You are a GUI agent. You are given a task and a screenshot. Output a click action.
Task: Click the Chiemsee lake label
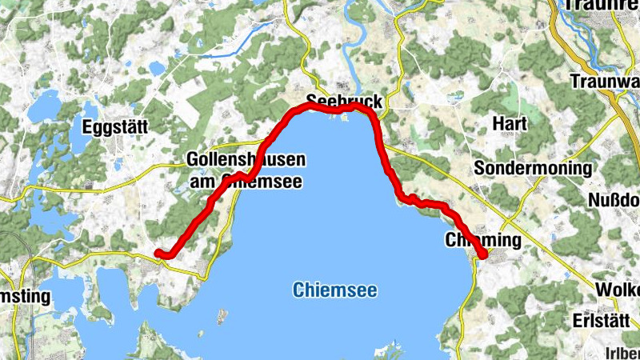click(334, 290)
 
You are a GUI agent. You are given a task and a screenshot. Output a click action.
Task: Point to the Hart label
click(510, 123)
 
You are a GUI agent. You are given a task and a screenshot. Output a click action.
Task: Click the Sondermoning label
click(533, 168)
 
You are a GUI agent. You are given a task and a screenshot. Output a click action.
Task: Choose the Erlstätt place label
click(597, 319)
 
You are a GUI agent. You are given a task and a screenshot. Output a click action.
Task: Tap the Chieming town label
click(482, 240)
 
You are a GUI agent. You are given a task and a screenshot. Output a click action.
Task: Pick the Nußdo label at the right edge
click(615, 199)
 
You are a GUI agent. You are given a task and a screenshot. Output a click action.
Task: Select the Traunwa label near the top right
click(606, 80)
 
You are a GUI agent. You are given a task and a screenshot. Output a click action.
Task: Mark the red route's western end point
click(158, 253)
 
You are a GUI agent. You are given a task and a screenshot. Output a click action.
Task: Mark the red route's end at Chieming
click(483, 254)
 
